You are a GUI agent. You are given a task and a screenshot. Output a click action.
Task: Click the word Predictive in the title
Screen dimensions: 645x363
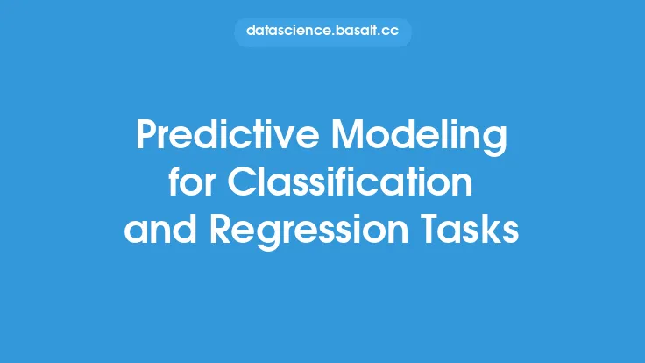[228, 134]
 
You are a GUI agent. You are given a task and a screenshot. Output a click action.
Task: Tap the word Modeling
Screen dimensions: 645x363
[419, 138]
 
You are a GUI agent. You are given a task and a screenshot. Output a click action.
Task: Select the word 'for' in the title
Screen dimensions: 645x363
[192, 181]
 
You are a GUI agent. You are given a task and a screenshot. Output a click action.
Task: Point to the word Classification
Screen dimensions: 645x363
[350, 181]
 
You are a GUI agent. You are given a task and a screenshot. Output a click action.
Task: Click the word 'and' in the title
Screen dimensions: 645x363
[160, 228]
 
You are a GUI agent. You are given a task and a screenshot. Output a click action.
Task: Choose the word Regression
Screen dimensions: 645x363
[309, 231]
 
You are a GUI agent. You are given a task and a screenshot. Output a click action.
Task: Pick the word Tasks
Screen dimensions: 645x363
[470, 228]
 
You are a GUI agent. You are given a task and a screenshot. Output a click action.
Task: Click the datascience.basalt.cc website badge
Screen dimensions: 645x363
[322, 32]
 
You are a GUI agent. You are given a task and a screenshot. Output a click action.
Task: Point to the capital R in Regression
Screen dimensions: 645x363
[222, 229]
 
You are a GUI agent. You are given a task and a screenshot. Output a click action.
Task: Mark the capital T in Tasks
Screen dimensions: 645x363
[430, 229]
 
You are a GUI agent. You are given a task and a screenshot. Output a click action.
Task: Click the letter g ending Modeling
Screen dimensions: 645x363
[496, 142]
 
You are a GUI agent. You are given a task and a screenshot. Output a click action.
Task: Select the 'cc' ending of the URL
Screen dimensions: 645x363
[390, 32]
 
